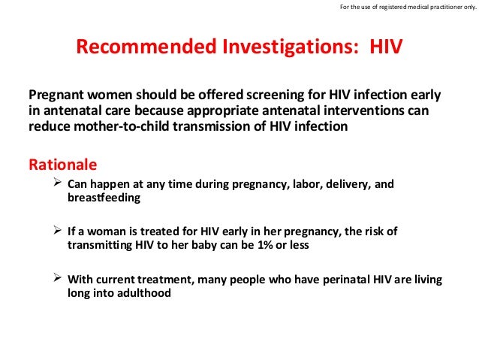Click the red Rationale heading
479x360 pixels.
coord(62,163)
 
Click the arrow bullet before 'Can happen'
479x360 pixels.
coord(56,184)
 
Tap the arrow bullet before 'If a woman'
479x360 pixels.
coord(56,231)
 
